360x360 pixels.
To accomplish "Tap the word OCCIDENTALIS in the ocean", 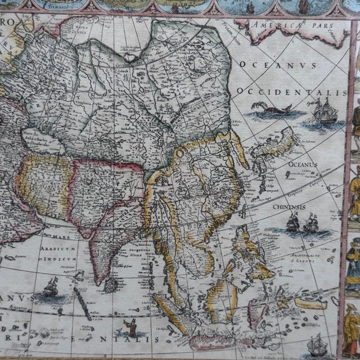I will point(291,92).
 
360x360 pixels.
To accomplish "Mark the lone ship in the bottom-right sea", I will point(318,343).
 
